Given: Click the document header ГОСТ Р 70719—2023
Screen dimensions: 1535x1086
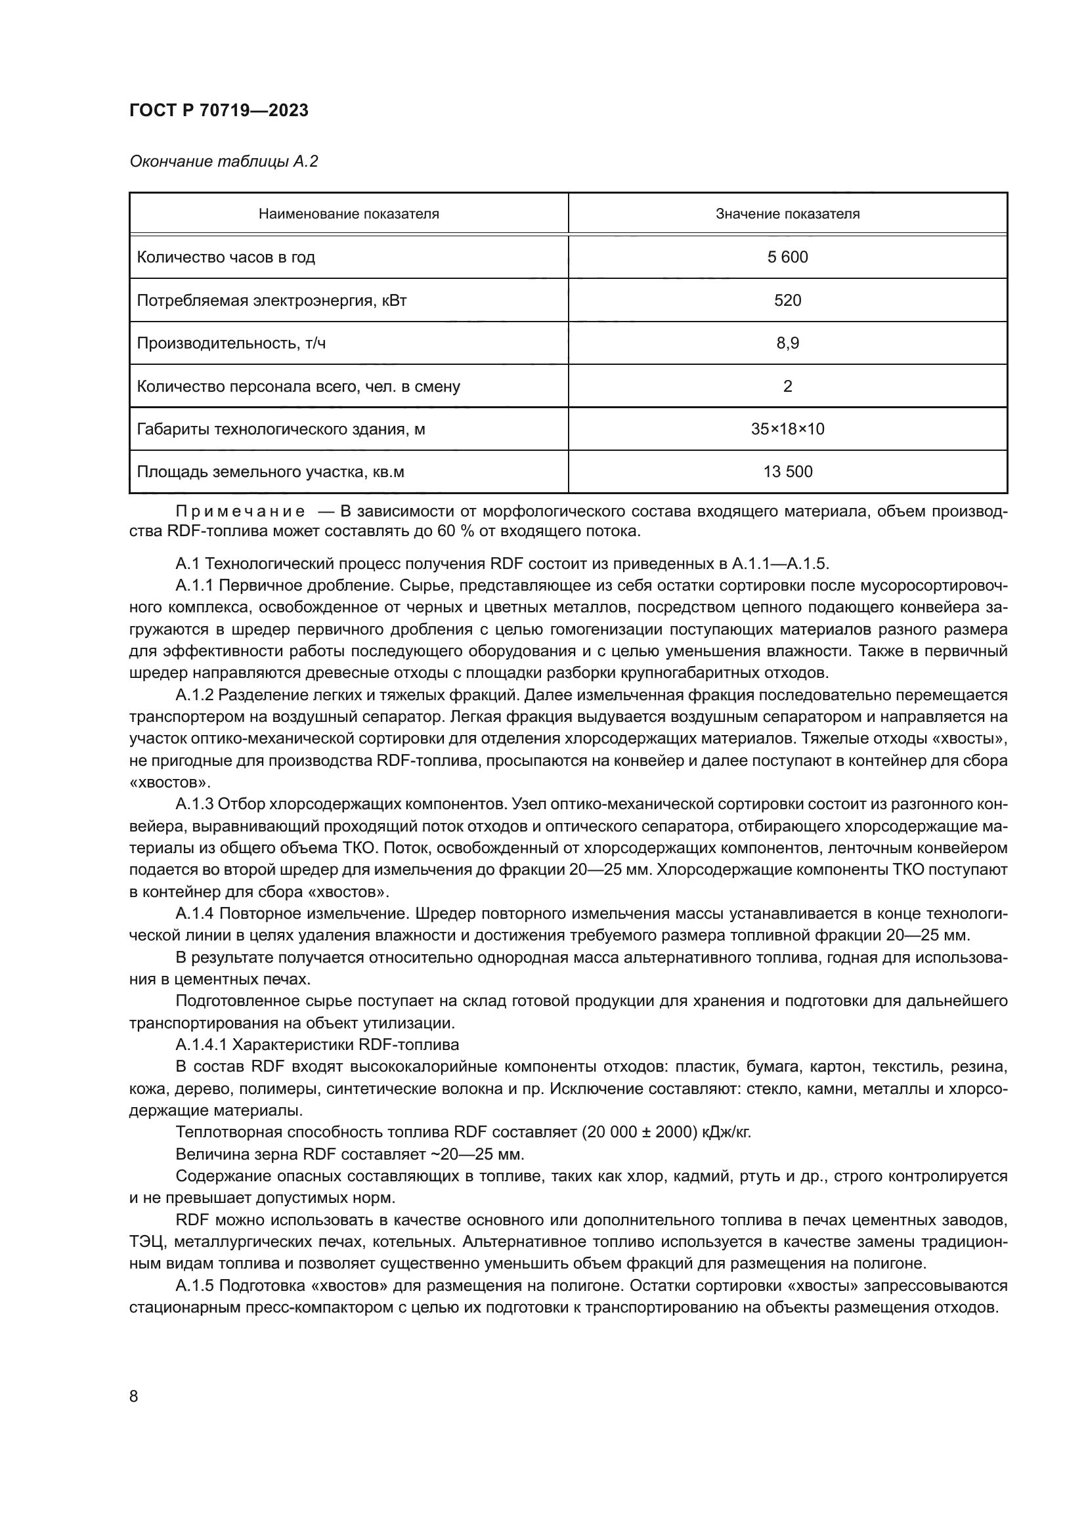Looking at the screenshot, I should click(219, 110).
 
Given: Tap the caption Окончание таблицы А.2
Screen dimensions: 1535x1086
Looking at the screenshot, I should click(223, 161).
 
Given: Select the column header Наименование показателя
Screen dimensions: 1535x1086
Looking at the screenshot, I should click(349, 214).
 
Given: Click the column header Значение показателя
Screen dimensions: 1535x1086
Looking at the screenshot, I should click(787, 214).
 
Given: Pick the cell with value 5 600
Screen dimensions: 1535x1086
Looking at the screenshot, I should click(787, 257).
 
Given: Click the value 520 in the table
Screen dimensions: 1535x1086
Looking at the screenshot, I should click(787, 300).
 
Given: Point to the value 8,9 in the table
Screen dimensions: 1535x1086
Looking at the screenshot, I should click(787, 343).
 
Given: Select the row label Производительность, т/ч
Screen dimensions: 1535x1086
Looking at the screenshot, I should click(231, 343).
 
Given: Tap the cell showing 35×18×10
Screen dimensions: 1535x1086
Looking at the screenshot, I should click(787, 429).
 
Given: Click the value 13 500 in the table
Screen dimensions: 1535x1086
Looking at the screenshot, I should click(787, 472).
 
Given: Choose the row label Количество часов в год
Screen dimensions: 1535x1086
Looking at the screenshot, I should click(225, 257).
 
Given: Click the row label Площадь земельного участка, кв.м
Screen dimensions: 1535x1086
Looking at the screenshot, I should click(270, 472).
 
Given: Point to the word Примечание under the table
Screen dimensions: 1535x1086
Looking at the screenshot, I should click(240, 512).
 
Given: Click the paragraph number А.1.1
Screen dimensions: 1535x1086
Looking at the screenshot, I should click(194, 585).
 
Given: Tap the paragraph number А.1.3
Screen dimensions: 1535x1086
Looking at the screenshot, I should click(194, 805).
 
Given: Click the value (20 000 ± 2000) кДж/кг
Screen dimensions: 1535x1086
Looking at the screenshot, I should click(666, 1133).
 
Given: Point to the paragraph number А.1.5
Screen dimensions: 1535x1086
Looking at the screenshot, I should click(194, 1286).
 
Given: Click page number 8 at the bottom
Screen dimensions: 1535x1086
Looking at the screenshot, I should click(133, 1396).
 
